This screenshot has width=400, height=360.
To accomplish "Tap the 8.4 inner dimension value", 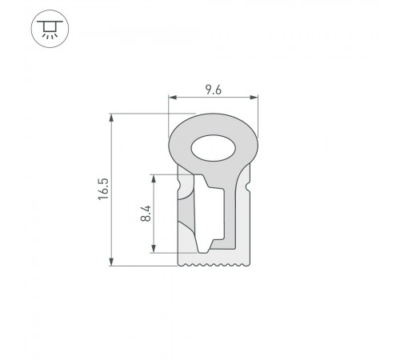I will (144, 214).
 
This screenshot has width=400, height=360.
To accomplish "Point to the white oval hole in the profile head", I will (212, 147).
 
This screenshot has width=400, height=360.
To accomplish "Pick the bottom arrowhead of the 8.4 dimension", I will (155, 249).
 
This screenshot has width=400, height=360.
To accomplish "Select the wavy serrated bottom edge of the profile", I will (214, 262).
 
